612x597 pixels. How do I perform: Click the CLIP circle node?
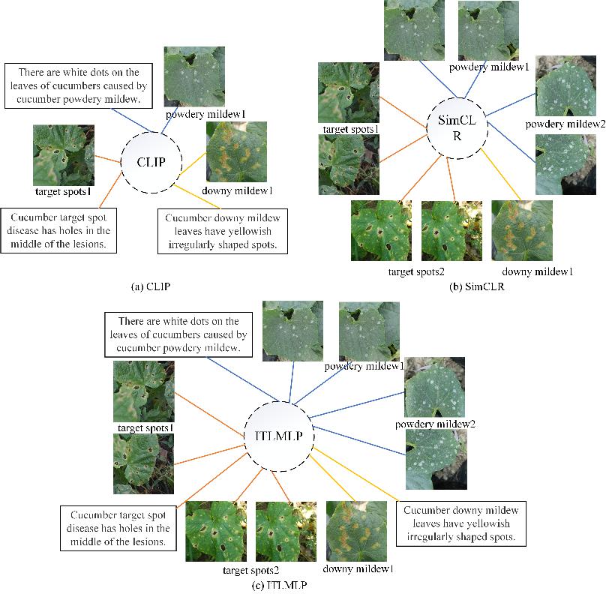click(x=149, y=161)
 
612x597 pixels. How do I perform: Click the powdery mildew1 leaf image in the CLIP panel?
click(x=193, y=76)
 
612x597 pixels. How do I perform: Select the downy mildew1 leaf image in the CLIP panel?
click(x=236, y=152)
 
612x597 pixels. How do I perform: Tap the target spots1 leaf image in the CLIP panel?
click(x=64, y=155)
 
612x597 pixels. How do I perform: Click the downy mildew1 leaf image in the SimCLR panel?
click(x=521, y=229)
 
